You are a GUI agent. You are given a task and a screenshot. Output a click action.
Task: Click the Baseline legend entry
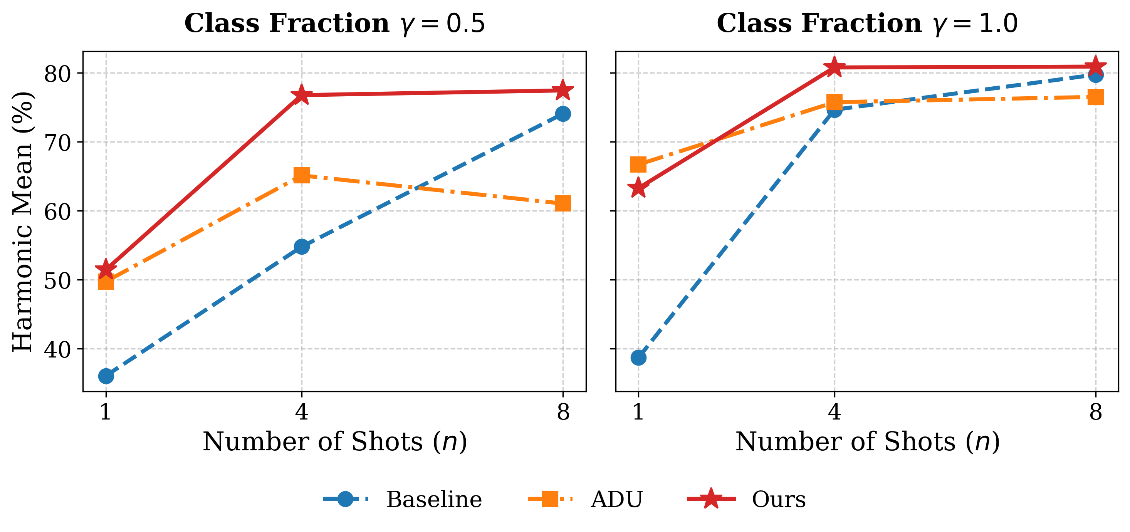(402, 499)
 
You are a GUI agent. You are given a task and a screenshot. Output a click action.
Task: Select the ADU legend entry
(585, 499)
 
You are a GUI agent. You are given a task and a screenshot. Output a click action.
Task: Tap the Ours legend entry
(746, 499)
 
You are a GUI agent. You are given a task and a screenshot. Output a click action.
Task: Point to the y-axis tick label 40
(57, 349)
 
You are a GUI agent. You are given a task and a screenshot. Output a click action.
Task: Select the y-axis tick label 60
(57, 212)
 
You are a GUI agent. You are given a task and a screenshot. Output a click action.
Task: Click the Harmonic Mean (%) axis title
(22, 222)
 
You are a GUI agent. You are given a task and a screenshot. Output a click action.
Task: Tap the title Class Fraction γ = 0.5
(335, 23)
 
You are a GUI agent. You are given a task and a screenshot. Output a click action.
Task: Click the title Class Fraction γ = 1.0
(867, 23)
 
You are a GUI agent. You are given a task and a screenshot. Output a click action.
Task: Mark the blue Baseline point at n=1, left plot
(106, 376)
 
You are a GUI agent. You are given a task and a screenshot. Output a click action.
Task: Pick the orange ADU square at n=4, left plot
(301, 175)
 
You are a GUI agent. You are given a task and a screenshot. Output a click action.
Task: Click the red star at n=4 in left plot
(301, 95)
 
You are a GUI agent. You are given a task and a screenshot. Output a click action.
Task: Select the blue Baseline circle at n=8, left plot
(563, 114)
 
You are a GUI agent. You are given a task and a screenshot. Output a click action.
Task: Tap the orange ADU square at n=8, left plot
(563, 203)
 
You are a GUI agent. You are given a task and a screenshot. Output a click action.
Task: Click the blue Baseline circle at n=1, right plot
(638, 357)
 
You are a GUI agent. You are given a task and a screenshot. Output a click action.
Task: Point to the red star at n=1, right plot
(638, 188)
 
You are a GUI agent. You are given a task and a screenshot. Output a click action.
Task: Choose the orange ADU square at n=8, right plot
(1095, 97)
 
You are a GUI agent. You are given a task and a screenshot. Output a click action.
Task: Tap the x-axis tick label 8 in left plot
(563, 412)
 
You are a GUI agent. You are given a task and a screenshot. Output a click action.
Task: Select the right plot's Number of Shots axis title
(867, 441)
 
